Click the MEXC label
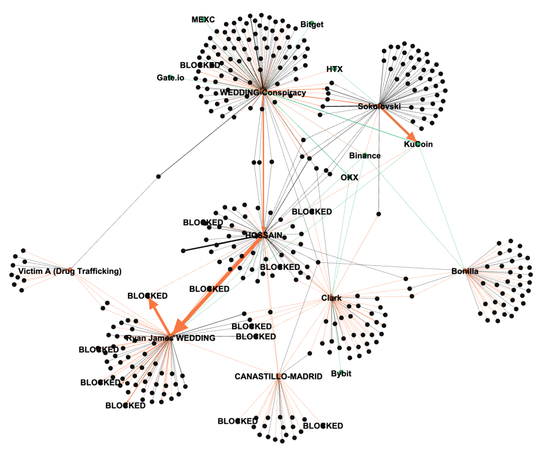203,20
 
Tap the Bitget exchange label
312,24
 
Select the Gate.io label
170,78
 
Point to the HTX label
334,69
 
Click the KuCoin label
418,144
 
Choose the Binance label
364,155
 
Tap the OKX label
349,178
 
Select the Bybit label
341,374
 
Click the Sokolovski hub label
379,106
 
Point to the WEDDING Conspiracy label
262,93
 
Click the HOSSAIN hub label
263,235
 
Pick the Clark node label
332,298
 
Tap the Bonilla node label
465,271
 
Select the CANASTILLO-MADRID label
278,376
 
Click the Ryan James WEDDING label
170,338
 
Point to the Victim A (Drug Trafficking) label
70,271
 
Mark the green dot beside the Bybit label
341,372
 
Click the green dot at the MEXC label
203,19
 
